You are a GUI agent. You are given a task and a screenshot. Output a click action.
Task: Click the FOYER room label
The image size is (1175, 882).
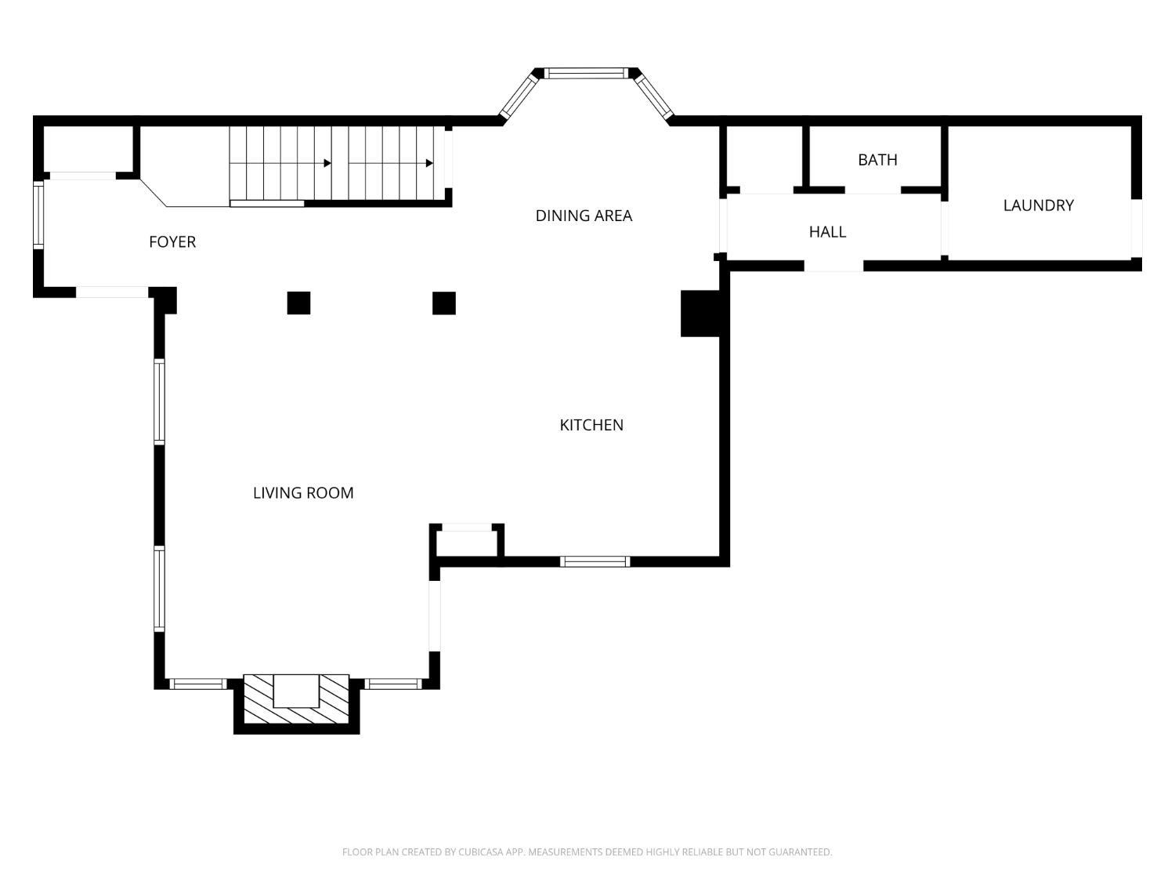[172, 242]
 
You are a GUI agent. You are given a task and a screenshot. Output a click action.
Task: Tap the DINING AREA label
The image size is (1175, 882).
[584, 216]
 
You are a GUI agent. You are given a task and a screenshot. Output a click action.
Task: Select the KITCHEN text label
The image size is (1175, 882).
[591, 425]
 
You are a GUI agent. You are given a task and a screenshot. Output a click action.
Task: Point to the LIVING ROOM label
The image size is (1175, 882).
[303, 492]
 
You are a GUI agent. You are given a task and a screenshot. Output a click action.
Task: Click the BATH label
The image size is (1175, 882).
[877, 160]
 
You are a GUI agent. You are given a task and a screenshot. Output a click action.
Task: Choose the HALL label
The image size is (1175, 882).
[827, 232]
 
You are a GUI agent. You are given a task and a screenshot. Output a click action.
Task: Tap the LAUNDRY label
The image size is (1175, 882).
[1038, 205]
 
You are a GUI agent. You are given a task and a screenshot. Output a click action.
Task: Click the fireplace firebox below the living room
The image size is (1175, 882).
[297, 691]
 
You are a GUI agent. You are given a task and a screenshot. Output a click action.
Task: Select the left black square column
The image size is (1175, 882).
[298, 303]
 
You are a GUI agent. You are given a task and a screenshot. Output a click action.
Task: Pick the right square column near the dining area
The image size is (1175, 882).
[444, 303]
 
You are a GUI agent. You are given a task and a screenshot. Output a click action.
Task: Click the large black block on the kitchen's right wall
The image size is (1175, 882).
[700, 314]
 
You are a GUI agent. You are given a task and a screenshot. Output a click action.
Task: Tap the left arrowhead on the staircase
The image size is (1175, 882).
[327, 163]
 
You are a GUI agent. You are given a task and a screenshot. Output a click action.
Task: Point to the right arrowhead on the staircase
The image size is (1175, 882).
[429, 163]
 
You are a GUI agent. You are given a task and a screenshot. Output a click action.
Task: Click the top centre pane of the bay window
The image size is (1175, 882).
[586, 74]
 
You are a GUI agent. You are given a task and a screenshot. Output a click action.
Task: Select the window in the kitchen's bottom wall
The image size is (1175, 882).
[595, 562]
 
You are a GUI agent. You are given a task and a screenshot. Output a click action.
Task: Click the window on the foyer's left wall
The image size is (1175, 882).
[38, 216]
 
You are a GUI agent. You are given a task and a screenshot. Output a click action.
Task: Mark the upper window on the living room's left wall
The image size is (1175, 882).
[159, 401]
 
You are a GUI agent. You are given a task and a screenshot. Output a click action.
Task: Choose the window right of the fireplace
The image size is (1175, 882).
[393, 684]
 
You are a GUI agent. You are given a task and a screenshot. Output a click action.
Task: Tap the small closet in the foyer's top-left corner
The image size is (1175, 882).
[88, 149]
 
